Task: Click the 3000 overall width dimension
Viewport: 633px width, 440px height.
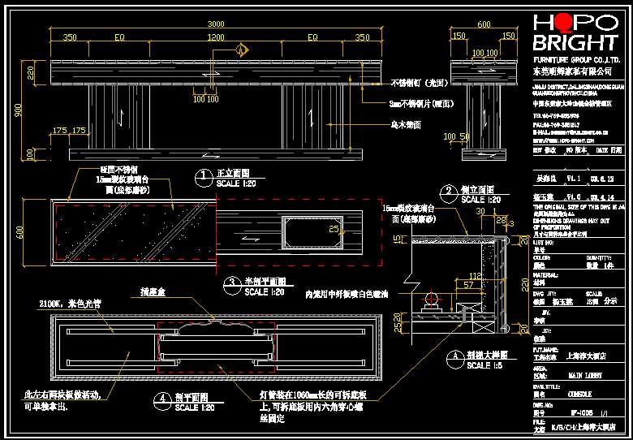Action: tap(215, 24)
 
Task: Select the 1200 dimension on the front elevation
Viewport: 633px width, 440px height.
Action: tap(215, 37)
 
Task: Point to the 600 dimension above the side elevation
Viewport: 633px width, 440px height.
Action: tap(484, 24)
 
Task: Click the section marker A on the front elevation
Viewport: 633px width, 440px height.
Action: tap(241, 50)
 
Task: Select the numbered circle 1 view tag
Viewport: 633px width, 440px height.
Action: tap(202, 175)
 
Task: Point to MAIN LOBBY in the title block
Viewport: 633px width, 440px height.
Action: tap(584, 376)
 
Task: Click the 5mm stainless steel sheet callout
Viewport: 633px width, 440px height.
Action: tap(421, 103)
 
